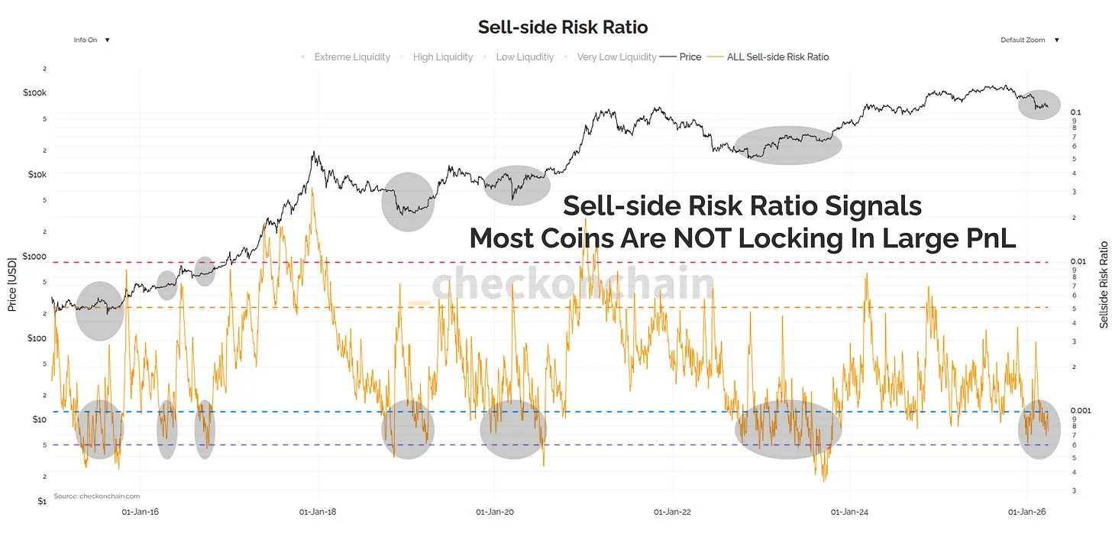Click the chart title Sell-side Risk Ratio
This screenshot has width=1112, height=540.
563,27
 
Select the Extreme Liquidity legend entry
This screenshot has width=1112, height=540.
352,57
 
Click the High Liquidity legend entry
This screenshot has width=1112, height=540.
442,57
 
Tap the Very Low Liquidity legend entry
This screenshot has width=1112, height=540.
616,57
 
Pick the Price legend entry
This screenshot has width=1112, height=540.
690,57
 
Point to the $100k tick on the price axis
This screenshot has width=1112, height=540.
35,92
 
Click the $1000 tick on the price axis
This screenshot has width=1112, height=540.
34,257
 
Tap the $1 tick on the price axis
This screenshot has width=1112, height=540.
42,501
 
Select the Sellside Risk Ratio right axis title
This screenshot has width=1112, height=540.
1104,284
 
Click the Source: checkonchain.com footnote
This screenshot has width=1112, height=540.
97,496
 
